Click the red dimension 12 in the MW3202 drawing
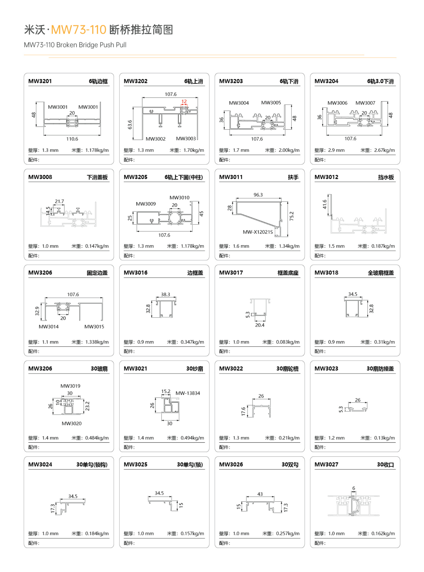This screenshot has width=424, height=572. click(x=184, y=101)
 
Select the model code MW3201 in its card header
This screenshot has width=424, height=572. click(x=40, y=81)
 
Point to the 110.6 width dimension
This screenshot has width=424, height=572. click(x=72, y=139)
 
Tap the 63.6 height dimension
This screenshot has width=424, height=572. click(x=130, y=125)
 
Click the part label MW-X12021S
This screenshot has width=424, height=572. click(x=258, y=232)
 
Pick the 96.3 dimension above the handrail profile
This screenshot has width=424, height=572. click(x=258, y=195)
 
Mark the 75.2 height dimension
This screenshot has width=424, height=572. click(x=291, y=216)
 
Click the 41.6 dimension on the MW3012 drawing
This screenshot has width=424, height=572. click(x=325, y=204)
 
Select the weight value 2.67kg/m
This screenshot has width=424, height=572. click(x=384, y=150)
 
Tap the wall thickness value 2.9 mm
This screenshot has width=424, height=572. click(x=336, y=150)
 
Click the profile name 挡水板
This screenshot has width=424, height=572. click(x=386, y=177)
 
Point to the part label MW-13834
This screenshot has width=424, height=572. click(x=188, y=393)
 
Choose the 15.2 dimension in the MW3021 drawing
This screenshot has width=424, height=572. click(x=166, y=391)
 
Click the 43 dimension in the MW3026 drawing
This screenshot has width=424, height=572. click(x=260, y=494)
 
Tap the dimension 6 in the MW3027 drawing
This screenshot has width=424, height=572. click(x=354, y=488)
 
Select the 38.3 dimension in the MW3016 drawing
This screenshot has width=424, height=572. click(x=165, y=294)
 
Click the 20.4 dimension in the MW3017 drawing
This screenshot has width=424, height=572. click(x=259, y=325)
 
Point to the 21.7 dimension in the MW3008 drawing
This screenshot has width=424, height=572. click(x=59, y=201)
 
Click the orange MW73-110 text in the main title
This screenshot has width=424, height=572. click(x=78, y=30)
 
